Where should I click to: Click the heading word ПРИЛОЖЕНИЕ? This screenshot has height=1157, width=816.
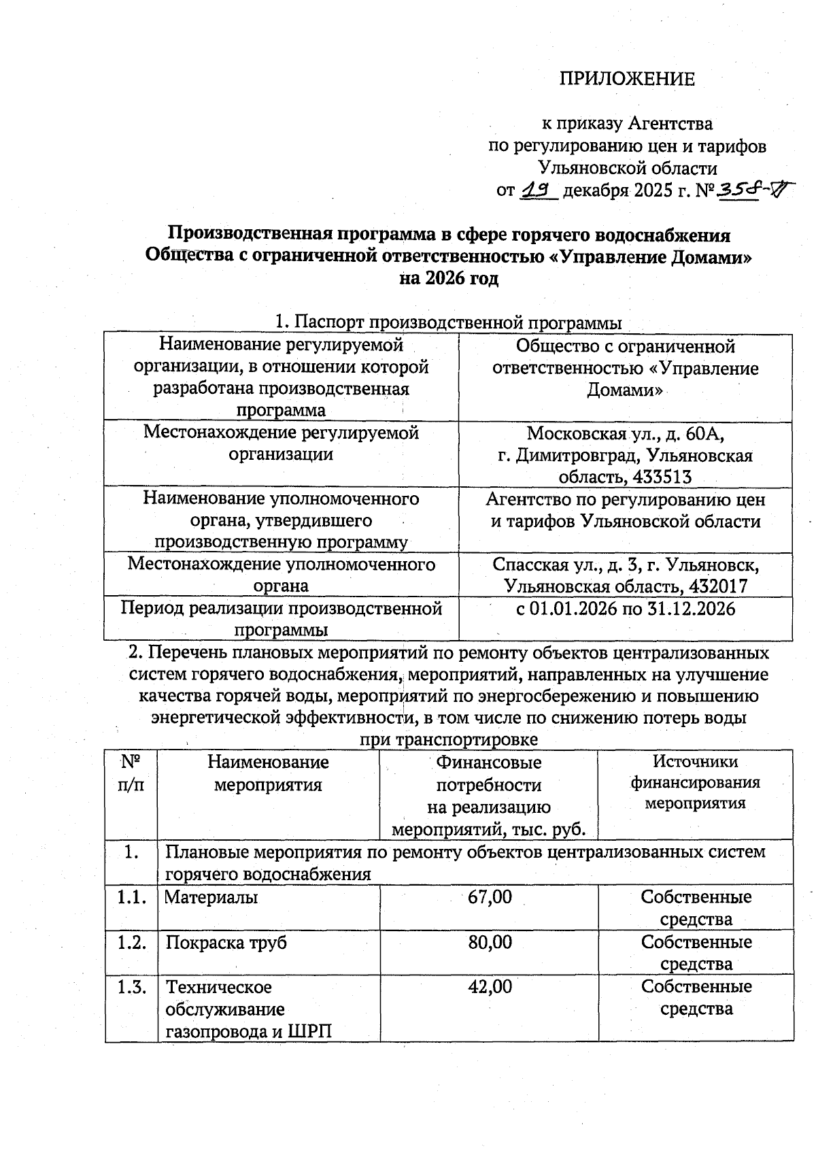click(627, 80)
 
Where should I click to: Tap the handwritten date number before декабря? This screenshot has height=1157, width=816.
click(539, 191)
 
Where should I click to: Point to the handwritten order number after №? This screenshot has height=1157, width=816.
click(747, 192)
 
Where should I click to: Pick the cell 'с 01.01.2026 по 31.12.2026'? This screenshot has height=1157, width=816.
click(626, 608)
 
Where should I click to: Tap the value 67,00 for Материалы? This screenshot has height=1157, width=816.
click(490, 896)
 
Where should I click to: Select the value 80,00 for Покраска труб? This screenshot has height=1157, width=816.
click(490, 942)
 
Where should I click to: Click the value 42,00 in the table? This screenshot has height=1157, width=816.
click(490, 986)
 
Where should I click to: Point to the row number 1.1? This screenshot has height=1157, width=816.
click(131, 897)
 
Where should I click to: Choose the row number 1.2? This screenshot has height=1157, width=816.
click(131, 942)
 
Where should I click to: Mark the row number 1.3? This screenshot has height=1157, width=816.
click(131, 987)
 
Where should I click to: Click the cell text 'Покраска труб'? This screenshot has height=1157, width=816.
click(226, 943)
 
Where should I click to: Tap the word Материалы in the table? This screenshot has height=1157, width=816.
click(211, 897)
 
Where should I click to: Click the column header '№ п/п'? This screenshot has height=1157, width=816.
click(131, 773)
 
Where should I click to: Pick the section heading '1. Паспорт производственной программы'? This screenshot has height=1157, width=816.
click(448, 322)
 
